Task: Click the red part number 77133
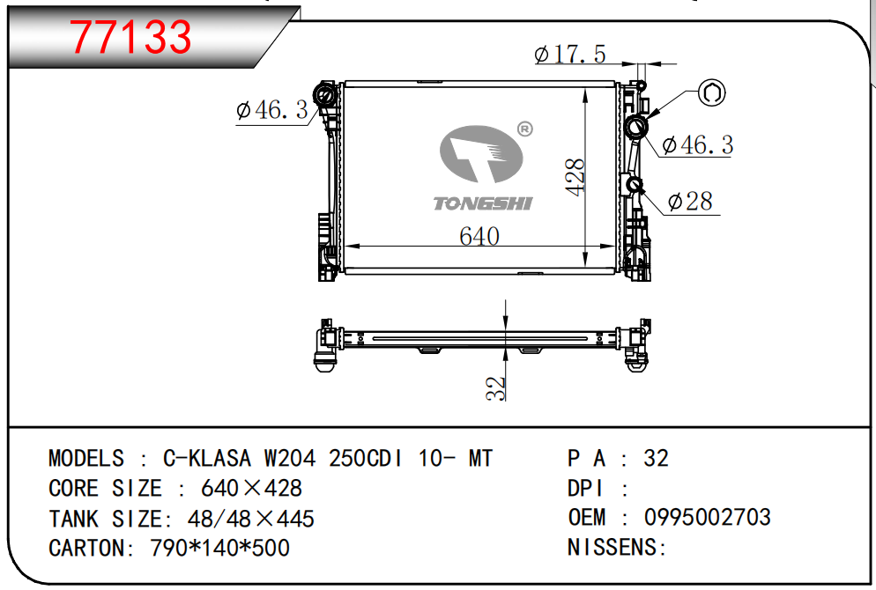pos(130,36)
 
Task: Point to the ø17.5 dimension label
pos(570,55)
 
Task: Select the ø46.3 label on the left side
pos(271,110)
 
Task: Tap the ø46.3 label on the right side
pos(697,145)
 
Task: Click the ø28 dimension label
pos(690,203)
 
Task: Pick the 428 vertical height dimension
pos(574,177)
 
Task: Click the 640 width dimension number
pos(479,236)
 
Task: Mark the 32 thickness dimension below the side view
pos(497,387)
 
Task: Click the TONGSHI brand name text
pos(482,204)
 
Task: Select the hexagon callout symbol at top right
pos(712,92)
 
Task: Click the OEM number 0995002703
pos(707,517)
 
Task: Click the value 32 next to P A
pos(656,458)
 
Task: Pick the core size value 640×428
pos(251,488)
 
